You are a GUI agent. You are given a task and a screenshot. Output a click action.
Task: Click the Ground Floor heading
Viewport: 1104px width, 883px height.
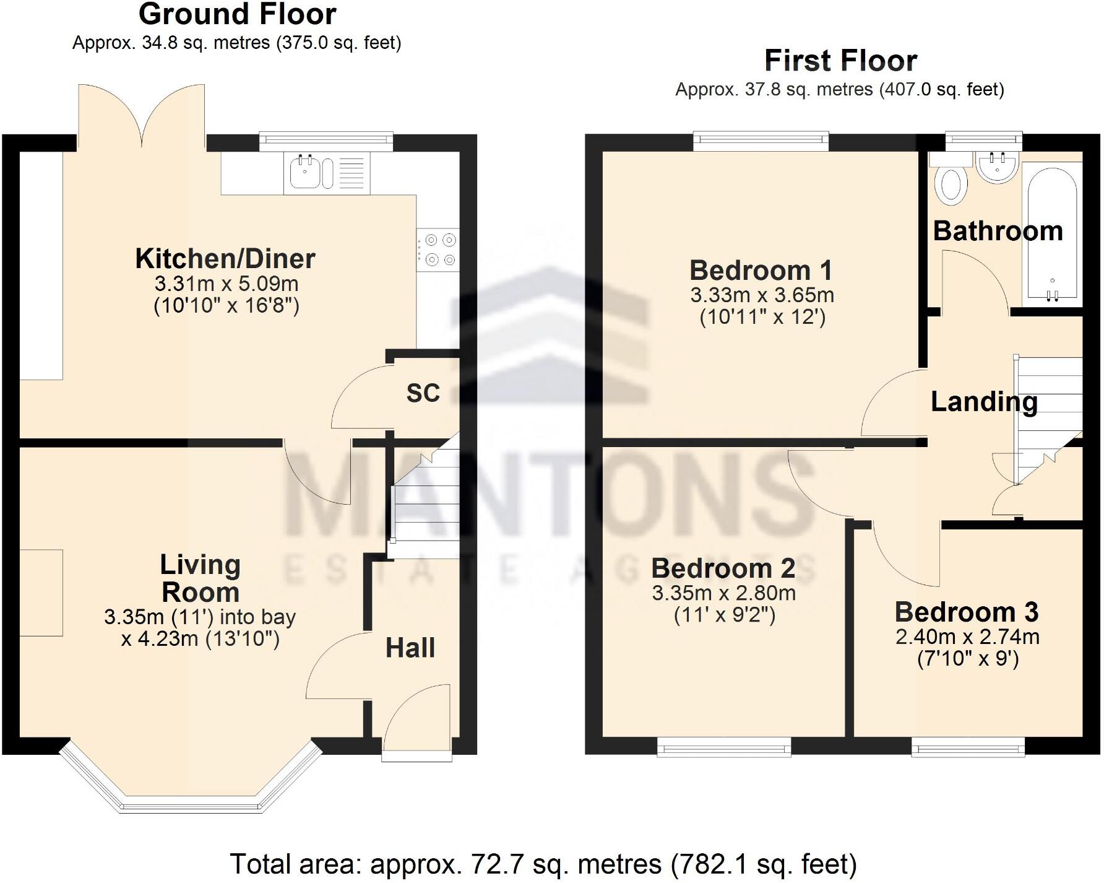coord(237,14)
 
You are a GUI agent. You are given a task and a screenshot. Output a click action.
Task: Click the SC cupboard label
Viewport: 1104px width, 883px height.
coord(423,393)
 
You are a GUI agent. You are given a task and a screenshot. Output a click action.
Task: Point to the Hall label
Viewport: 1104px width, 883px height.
coord(410,648)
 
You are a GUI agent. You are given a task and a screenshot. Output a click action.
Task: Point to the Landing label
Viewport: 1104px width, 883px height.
coord(984,402)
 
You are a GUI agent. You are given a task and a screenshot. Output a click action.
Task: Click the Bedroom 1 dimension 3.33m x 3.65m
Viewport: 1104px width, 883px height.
coord(762,295)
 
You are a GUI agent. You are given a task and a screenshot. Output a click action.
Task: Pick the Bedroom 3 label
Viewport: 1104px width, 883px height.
coord(966,612)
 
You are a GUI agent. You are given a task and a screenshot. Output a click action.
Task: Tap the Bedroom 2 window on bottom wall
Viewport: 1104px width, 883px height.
coord(723,747)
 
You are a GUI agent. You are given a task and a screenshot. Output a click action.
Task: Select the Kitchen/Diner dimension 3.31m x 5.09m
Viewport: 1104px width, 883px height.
coord(226,284)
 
